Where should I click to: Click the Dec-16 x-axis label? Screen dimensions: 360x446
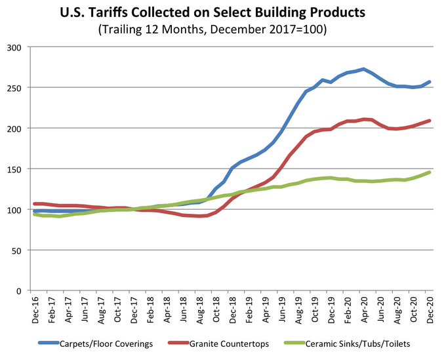pos(35,308)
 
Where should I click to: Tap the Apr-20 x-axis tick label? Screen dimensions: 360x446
pos(363,308)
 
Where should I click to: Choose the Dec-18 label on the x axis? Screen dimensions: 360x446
pos(232,308)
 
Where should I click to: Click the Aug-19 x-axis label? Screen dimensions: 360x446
pos(298,308)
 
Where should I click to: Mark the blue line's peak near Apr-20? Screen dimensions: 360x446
pos(363,69)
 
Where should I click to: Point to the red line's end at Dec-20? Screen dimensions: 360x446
pos(429,121)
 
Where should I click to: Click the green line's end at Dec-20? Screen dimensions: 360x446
pos(429,172)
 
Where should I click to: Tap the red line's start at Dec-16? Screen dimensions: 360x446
pos(35,204)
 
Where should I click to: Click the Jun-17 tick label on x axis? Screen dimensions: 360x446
pos(84,308)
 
